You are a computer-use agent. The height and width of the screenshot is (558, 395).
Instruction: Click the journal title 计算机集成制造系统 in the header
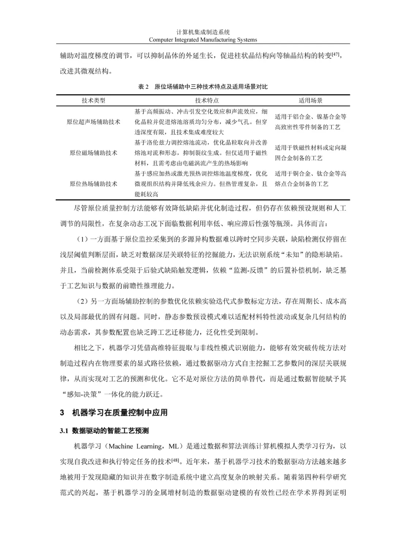pos(203,33)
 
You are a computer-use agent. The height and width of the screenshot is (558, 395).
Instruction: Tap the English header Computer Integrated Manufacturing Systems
pos(203,40)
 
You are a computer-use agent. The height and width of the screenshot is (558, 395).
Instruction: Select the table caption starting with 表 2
pos(203,87)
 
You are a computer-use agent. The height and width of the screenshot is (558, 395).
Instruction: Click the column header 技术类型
pos(93,100)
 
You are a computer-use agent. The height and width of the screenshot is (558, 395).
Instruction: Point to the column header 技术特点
pos(207,100)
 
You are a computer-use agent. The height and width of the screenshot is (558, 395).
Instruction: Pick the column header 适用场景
pos(311,100)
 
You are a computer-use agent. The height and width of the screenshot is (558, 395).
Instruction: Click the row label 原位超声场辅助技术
pos(93,122)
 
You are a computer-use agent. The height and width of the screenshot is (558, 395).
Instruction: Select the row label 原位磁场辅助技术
pos(93,153)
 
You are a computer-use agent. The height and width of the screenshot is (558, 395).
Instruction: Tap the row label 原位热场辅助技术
pos(93,184)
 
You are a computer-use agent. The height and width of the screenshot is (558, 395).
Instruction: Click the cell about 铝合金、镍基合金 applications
pos(311,122)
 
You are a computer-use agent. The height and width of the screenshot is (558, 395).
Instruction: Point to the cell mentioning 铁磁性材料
pos(311,153)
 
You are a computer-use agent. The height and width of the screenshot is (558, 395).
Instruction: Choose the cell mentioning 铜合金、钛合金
pos(311,179)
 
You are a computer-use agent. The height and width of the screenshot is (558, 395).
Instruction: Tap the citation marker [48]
pos(175,460)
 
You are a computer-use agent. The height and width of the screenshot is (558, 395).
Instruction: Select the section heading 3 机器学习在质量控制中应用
pos(114,413)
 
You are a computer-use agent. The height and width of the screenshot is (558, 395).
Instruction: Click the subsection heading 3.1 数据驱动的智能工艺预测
pos(104,431)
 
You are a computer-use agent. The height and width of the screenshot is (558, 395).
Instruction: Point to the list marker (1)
pos(83,239)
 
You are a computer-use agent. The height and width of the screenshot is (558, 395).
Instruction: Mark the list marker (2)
pos(83,301)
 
